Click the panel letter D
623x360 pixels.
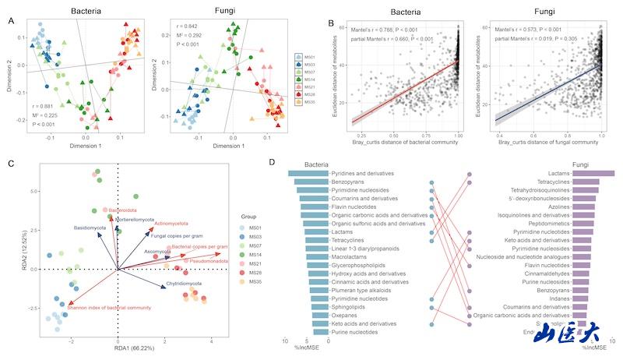tap(271, 163)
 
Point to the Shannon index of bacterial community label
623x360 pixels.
tap(109, 308)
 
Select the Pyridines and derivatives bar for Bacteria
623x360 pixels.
tap(308, 172)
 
